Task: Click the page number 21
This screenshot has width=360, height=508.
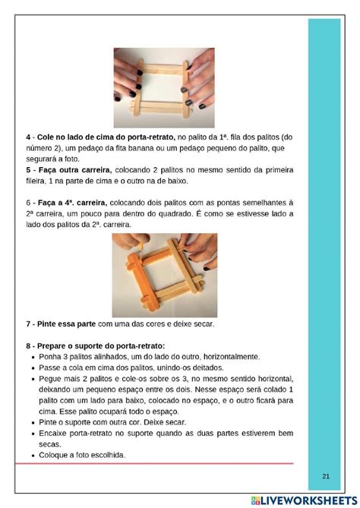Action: click(326, 476)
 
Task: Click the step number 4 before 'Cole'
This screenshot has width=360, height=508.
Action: click(28, 137)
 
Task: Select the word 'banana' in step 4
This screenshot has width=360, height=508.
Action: click(147, 148)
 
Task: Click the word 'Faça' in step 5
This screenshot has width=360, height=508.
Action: click(48, 170)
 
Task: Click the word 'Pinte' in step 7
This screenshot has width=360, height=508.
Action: click(46, 324)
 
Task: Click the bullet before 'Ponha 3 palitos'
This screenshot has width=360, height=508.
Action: click(33, 358)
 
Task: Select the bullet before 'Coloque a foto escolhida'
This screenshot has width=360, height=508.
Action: click(33, 456)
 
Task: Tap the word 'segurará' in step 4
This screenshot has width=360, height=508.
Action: click(39, 159)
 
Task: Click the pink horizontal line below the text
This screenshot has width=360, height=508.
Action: click(154, 464)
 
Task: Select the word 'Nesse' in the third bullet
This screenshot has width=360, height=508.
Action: click(205, 390)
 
